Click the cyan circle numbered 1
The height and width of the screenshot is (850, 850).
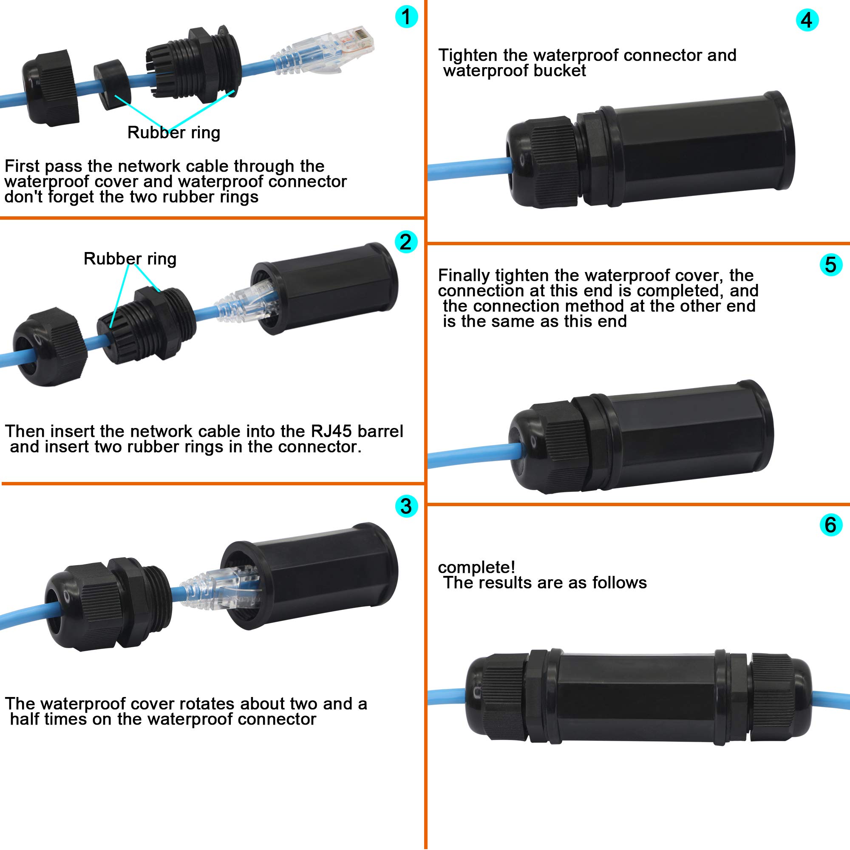[406, 17]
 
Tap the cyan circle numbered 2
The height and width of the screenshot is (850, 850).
[405, 241]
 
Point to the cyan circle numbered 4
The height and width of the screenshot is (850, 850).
[807, 20]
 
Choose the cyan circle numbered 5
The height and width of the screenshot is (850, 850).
[830, 265]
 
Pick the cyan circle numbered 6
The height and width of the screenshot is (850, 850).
[830, 524]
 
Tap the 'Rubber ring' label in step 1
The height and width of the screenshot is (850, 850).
[173, 133]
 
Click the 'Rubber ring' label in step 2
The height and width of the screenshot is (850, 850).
[130, 259]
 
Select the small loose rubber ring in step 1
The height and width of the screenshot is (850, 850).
[110, 85]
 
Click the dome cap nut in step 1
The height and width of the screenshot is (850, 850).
[51, 88]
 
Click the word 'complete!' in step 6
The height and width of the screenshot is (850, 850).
[476, 567]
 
